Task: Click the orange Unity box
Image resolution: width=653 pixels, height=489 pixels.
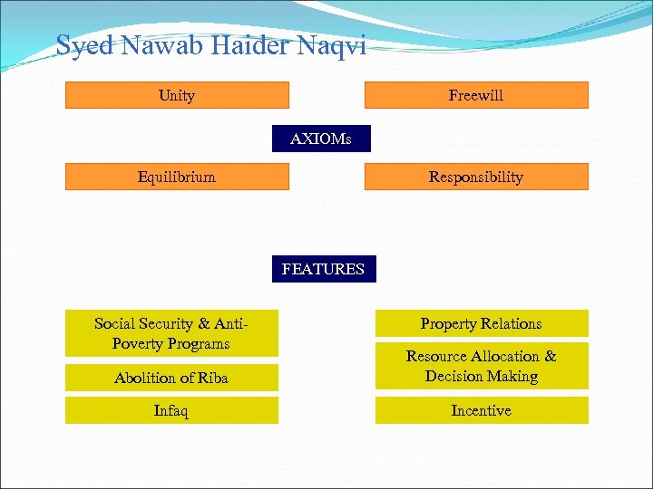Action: coord(177,95)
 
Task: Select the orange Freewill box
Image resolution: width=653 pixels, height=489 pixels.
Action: coord(476,95)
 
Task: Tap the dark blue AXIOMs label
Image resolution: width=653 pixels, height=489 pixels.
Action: coord(321,139)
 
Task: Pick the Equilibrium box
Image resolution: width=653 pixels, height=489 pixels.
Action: coord(177,177)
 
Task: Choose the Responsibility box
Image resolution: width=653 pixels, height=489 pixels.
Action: coord(476,177)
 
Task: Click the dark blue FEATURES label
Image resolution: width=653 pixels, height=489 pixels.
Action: coord(323,269)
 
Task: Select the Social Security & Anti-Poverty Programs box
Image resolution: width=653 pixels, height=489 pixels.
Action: coord(171,333)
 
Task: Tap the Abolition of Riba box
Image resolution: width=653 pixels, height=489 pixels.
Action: coord(171,378)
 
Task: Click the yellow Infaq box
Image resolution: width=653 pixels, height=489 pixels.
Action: coord(171,410)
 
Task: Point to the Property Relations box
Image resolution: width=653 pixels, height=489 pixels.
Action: coord(482,323)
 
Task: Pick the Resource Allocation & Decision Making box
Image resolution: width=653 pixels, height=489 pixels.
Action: coord(482,366)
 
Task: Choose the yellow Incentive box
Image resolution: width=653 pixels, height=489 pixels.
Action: coord(482,410)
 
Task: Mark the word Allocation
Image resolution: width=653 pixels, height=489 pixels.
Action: coord(509,356)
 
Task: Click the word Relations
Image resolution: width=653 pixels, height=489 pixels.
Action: coord(510,323)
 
